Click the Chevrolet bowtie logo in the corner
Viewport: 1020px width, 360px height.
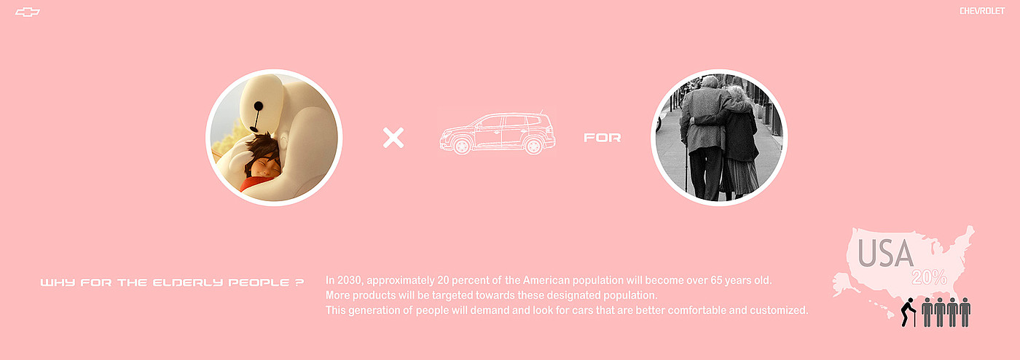(x=28, y=12)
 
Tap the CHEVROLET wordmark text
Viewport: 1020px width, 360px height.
(x=982, y=11)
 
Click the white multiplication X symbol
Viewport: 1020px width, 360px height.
(x=393, y=138)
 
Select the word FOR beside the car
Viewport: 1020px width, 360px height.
(x=602, y=138)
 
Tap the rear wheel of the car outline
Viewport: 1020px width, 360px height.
(x=533, y=146)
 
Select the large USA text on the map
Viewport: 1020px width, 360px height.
(x=885, y=254)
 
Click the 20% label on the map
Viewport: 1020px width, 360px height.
(x=930, y=278)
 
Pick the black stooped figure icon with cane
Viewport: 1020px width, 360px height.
(x=908, y=312)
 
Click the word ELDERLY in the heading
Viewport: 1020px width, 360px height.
(x=188, y=283)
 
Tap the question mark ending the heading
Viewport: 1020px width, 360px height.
(x=299, y=283)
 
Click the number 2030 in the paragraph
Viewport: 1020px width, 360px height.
(x=350, y=281)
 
